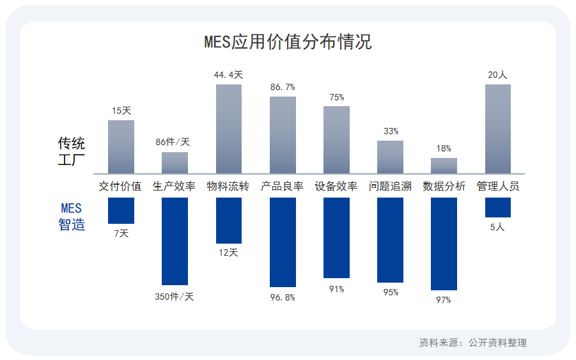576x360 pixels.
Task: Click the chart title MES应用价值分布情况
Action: pos(288,42)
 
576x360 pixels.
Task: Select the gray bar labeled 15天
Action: pos(121,146)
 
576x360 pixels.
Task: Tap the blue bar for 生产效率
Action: pos(175,241)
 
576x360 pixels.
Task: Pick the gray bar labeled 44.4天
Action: pos(229,129)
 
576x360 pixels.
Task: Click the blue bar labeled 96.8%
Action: pos(283,242)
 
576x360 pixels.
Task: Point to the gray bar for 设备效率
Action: pos(336,139)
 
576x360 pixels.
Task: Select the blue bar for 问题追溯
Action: pos(390,240)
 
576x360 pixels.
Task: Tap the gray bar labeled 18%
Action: pos(444,166)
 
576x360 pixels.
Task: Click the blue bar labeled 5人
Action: pos(497,207)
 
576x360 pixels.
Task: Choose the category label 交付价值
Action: pos(120,186)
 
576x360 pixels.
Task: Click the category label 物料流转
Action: pos(228,186)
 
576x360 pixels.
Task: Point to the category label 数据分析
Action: pos(444,186)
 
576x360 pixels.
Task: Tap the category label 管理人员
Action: pos(498,186)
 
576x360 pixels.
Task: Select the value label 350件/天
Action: pos(174,296)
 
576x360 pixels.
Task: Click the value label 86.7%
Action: pos(283,87)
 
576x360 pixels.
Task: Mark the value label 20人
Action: pos(497,75)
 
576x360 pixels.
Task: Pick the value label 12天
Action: pos(228,253)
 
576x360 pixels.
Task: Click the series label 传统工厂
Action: pos(72,151)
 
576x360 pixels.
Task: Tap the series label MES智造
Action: pos(72,216)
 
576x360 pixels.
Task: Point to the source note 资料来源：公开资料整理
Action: pos(473,343)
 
